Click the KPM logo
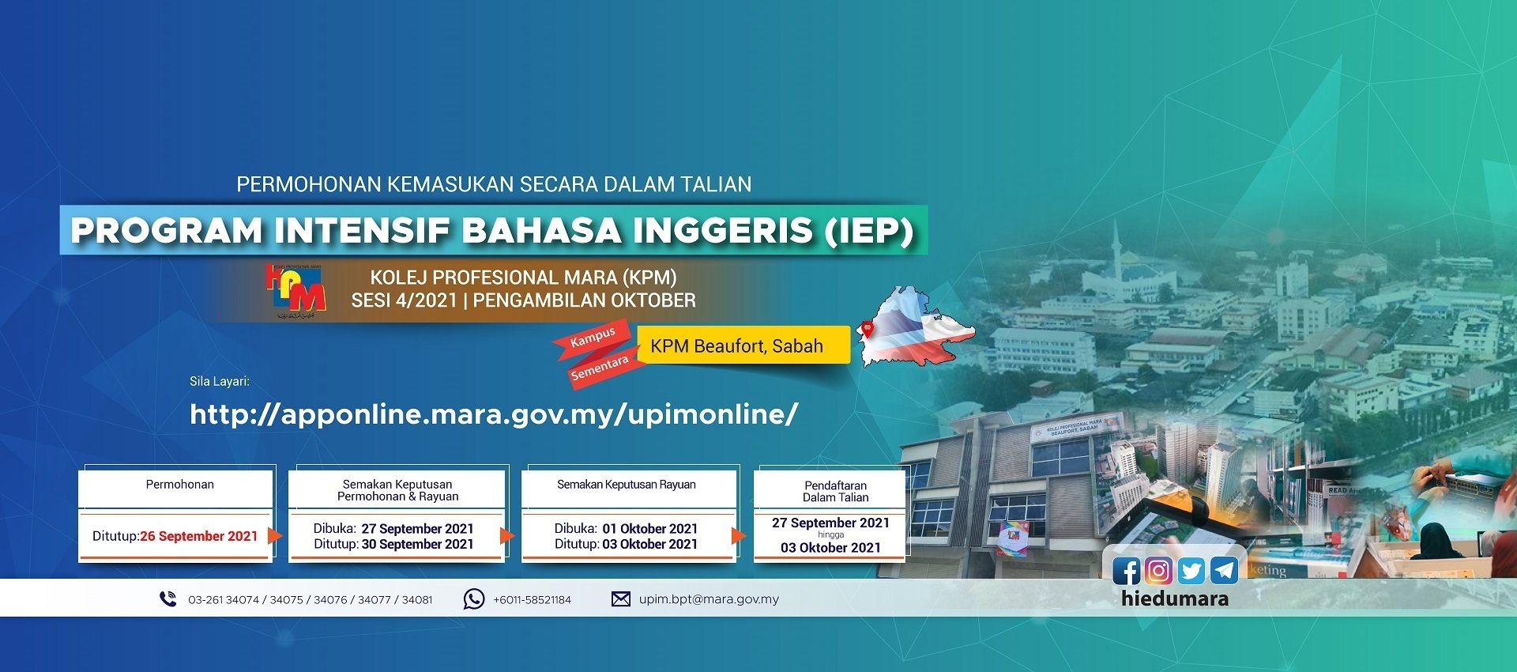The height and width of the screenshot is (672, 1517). point(296,291)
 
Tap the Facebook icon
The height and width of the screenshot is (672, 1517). point(1126,571)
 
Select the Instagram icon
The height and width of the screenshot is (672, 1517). point(1158,571)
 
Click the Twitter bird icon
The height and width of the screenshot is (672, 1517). point(1191,571)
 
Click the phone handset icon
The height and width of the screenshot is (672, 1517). point(168,599)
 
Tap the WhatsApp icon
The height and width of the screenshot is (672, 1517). point(473,599)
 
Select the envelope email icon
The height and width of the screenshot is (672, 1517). point(621,599)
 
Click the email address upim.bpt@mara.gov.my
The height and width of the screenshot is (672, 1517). point(709,599)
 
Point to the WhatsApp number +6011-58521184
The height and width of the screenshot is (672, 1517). point(532,600)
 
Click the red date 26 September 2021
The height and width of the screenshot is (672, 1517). point(199,536)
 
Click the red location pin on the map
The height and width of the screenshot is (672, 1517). point(868,329)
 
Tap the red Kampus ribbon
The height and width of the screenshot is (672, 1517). point(593,337)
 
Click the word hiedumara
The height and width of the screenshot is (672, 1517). point(1175,598)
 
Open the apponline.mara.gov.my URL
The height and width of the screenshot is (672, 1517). point(494,414)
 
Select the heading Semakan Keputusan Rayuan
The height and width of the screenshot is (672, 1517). point(627,485)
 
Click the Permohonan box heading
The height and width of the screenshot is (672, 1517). point(179,485)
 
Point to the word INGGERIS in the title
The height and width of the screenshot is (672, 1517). point(722,231)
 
